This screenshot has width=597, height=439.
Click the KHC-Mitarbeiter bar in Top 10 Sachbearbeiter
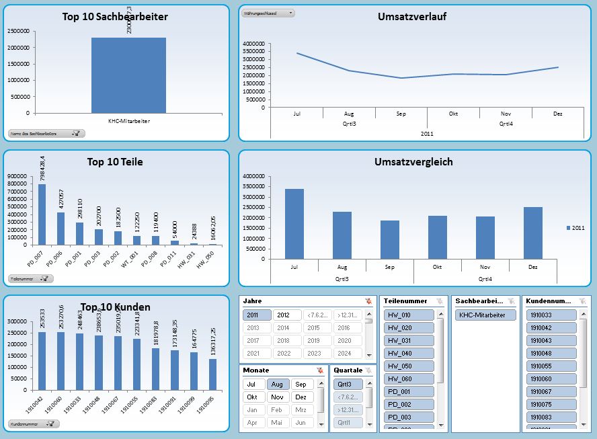(x=128, y=75)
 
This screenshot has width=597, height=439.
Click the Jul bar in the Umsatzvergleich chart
(x=294, y=224)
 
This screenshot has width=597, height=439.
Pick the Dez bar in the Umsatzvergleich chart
(x=532, y=233)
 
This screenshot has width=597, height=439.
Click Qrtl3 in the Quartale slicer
(x=348, y=385)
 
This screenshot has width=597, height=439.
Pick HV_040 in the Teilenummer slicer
(x=409, y=353)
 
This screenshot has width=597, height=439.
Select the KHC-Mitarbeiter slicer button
(x=485, y=315)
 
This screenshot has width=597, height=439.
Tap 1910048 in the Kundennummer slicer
(x=551, y=353)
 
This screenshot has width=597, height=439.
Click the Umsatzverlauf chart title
(x=411, y=17)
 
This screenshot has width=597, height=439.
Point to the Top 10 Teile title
(x=115, y=161)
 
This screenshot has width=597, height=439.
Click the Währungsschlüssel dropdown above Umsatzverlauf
(x=268, y=13)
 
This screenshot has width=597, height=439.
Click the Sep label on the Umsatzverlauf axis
(x=401, y=114)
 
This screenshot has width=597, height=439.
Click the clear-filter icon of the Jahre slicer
(x=368, y=301)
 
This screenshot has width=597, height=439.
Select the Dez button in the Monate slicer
(x=301, y=397)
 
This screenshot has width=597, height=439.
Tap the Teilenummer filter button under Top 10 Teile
(x=31, y=278)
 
